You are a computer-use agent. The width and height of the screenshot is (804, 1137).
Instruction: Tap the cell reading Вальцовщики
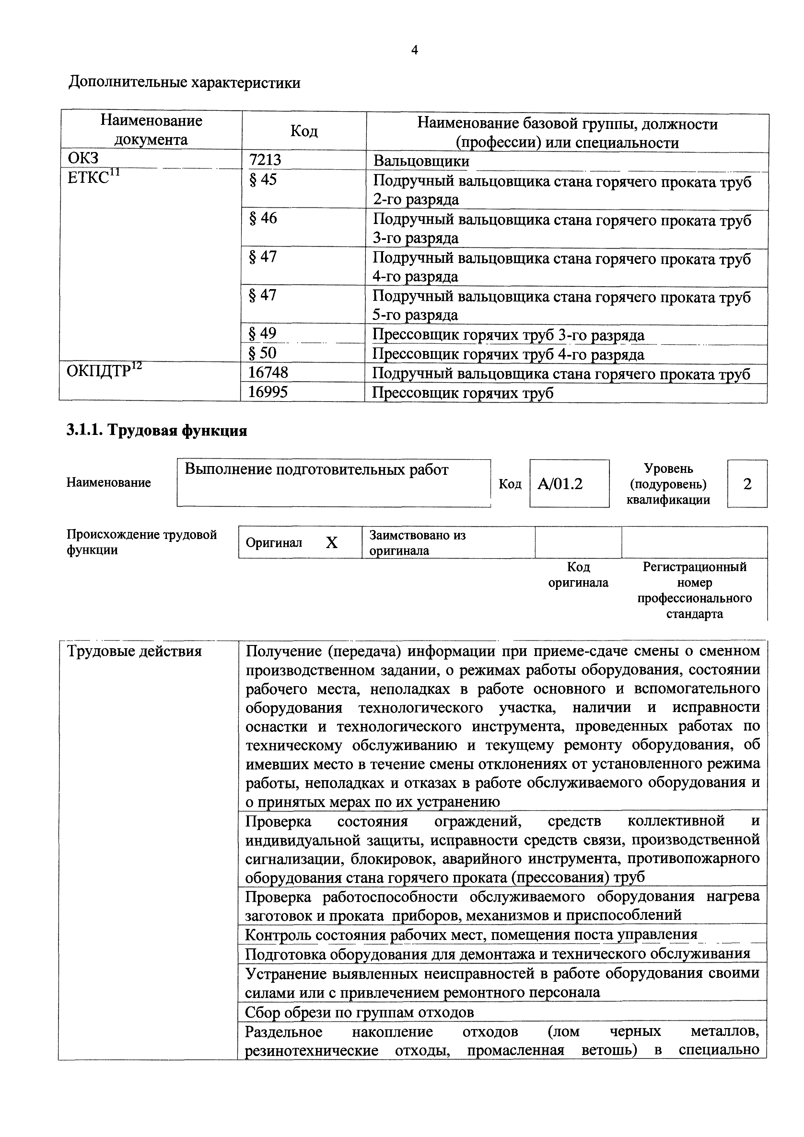click(x=421, y=161)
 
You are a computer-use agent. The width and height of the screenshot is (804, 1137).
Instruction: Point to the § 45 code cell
click(x=263, y=179)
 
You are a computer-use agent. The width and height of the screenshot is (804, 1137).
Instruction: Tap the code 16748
click(x=268, y=372)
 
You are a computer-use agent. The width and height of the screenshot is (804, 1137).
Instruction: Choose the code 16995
click(x=268, y=392)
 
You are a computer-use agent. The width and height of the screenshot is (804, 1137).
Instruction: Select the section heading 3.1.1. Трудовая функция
click(x=157, y=431)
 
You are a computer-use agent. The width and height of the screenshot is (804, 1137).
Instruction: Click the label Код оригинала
click(x=578, y=574)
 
